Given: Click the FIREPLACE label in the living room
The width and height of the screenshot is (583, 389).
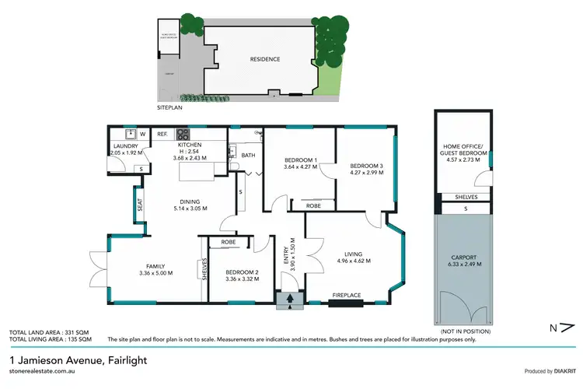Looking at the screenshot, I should (347, 295).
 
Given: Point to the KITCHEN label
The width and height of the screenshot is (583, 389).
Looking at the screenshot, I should (190, 145).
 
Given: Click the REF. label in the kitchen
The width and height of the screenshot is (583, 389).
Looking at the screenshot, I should (162, 135).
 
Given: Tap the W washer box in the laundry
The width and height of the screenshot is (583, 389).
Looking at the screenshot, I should (142, 135).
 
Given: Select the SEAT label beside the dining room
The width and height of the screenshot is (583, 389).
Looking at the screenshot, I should (141, 206).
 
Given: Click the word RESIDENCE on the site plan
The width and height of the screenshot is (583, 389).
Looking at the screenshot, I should (265, 59).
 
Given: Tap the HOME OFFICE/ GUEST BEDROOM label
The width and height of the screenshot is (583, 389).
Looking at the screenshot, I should (463, 150).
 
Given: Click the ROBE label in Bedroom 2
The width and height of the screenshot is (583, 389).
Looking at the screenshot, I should (229, 242).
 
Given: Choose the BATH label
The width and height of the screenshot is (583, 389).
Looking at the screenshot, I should (248, 155).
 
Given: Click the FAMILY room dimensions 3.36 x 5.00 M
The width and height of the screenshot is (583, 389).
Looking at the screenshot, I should (155, 273).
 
